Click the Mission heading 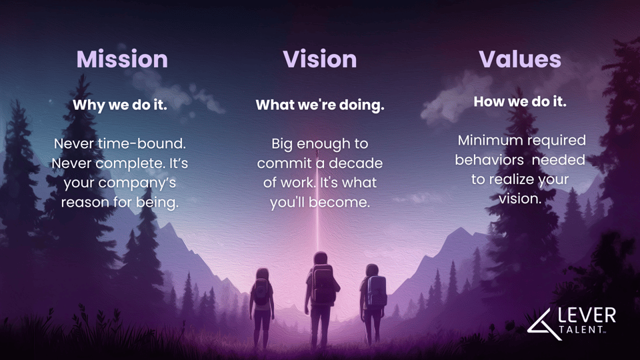tap(121, 59)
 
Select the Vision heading tap(319, 59)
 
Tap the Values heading tap(519, 59)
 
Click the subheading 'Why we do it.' tap(119, 105)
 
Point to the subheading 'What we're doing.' tap(320, 105)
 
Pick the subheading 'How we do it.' tap(519, 102)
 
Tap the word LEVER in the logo tap(587, 315)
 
